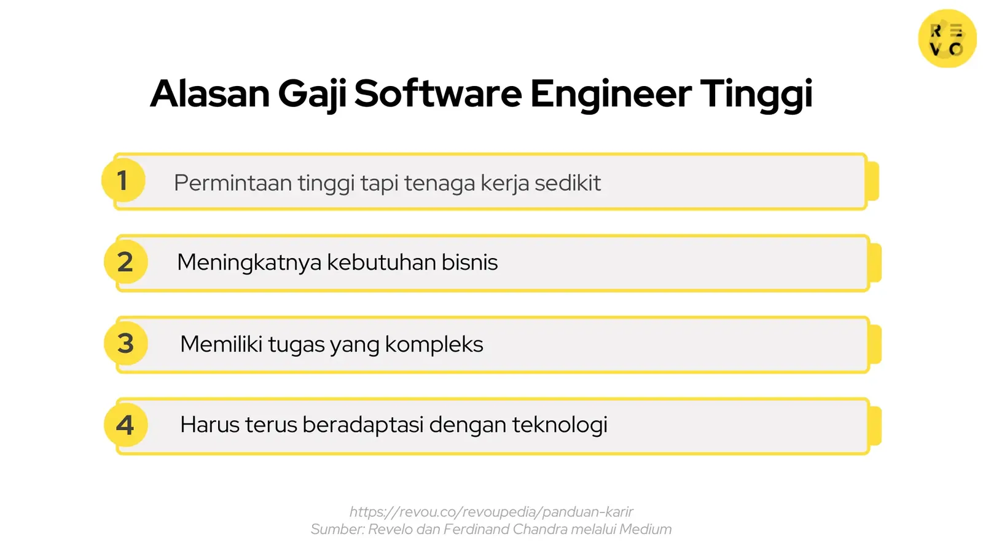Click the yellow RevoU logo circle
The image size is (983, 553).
tap(947, 39)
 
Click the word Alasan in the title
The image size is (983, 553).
tap(210, 94)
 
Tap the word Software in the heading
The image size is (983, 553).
tap(437, 94)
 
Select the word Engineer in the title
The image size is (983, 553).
tap(610, 94)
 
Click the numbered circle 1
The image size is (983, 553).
tap(123, 181)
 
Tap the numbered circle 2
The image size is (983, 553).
tap(125, 262)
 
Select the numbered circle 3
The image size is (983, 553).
tap(125, 343)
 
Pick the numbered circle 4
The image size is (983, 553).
tap(125, 425)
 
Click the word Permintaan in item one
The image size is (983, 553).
tap(232, 183)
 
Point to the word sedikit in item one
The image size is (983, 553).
tap(567, 183)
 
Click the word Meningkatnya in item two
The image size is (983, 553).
tap(249, 262)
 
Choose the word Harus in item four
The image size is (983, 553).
tap(209, 425)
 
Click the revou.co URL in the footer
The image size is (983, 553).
tap(491, 512)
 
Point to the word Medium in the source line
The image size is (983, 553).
tap(645, 530)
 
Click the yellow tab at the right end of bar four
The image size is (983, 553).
tap(875, 426)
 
